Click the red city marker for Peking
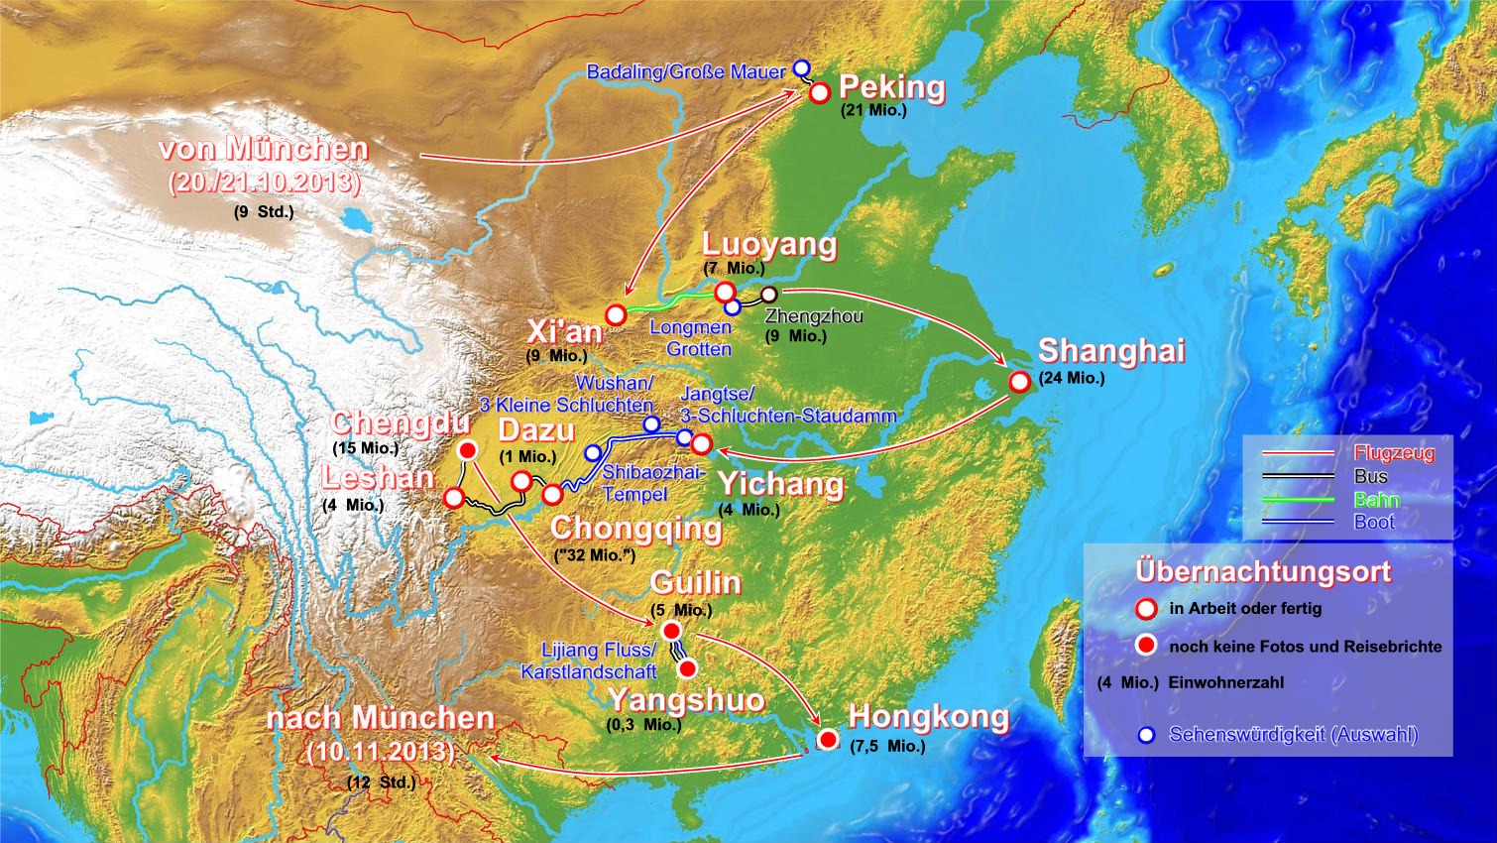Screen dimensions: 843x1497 (820, 93)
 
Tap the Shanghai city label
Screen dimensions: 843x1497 (1111, 351)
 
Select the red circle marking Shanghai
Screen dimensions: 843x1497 (1019, 382)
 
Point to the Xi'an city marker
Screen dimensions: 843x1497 (616, 315)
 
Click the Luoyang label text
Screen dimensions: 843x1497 (769, 244)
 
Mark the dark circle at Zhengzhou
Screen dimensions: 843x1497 (768, 294)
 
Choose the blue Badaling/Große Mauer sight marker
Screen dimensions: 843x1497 (802, 67)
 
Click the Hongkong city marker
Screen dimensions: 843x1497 (828, 739)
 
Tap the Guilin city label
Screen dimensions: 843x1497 (695, 582)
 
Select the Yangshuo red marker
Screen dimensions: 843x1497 (687, 668)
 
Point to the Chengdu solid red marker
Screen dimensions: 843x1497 (468, 451)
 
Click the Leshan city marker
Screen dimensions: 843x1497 (453, 498)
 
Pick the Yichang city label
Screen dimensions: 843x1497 (780, 484)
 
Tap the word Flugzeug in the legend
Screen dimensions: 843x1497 (1394, 453)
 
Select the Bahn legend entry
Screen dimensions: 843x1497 (1376, 499)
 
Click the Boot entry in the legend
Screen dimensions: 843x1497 (1374, 522)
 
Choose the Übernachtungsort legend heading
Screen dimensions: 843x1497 (1263, 572)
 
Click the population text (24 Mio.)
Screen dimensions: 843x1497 (1072, 378)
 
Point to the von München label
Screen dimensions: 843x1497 (263, 149)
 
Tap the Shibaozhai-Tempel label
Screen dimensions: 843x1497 (652, 483)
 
